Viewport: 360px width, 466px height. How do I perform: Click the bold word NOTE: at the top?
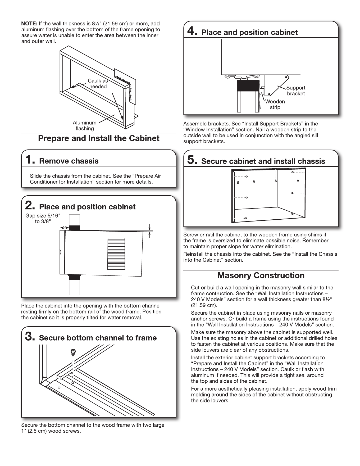click(x=29, y=24)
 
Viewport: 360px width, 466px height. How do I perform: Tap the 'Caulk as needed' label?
click(x=98, y=84)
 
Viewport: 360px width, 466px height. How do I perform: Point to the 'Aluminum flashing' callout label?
click(x=85, y=126)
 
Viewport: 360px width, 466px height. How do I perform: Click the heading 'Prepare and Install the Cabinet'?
click(x=99, y=138)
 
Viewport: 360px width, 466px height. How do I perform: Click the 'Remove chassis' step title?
click(x=69, y=161)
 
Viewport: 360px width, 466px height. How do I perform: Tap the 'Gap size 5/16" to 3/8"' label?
click(x=43, y=219)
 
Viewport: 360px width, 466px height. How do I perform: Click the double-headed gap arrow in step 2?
click(x=65, y=228)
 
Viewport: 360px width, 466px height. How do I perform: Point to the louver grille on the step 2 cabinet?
click(x=116, y=254)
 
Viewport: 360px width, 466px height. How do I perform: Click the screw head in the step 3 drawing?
click(x=73, y=352)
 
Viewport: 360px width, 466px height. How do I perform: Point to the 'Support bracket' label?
click(x=296, y=91)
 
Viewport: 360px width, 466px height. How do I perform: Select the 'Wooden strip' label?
click(x=275, y=104)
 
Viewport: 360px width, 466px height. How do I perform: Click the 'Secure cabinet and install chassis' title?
click(x=263, y=161)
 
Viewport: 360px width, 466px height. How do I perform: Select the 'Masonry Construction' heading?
click(x=261, y=275)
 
